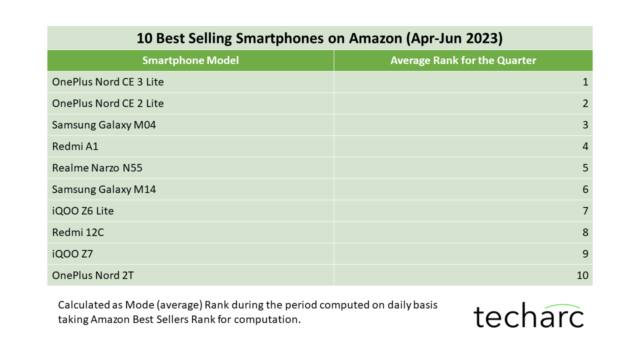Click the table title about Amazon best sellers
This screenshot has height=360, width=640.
319,38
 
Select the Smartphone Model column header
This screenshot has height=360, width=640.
190,60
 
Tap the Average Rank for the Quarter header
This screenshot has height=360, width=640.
463,60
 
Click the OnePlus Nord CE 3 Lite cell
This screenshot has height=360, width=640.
108,82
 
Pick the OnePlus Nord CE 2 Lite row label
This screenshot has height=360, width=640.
108,103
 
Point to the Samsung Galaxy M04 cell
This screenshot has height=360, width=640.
104,125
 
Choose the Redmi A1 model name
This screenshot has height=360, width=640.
75,146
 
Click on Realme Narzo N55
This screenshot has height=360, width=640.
97,168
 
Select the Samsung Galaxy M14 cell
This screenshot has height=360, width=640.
104,189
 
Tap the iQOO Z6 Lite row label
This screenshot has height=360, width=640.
83,211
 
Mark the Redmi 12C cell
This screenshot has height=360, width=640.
78,232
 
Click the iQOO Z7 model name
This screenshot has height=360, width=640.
72,254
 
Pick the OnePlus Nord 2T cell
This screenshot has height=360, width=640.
93,275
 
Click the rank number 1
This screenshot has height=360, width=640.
585,82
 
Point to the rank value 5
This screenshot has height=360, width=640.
585,168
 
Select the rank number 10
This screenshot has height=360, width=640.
582,275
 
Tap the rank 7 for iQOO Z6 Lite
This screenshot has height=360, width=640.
585,211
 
